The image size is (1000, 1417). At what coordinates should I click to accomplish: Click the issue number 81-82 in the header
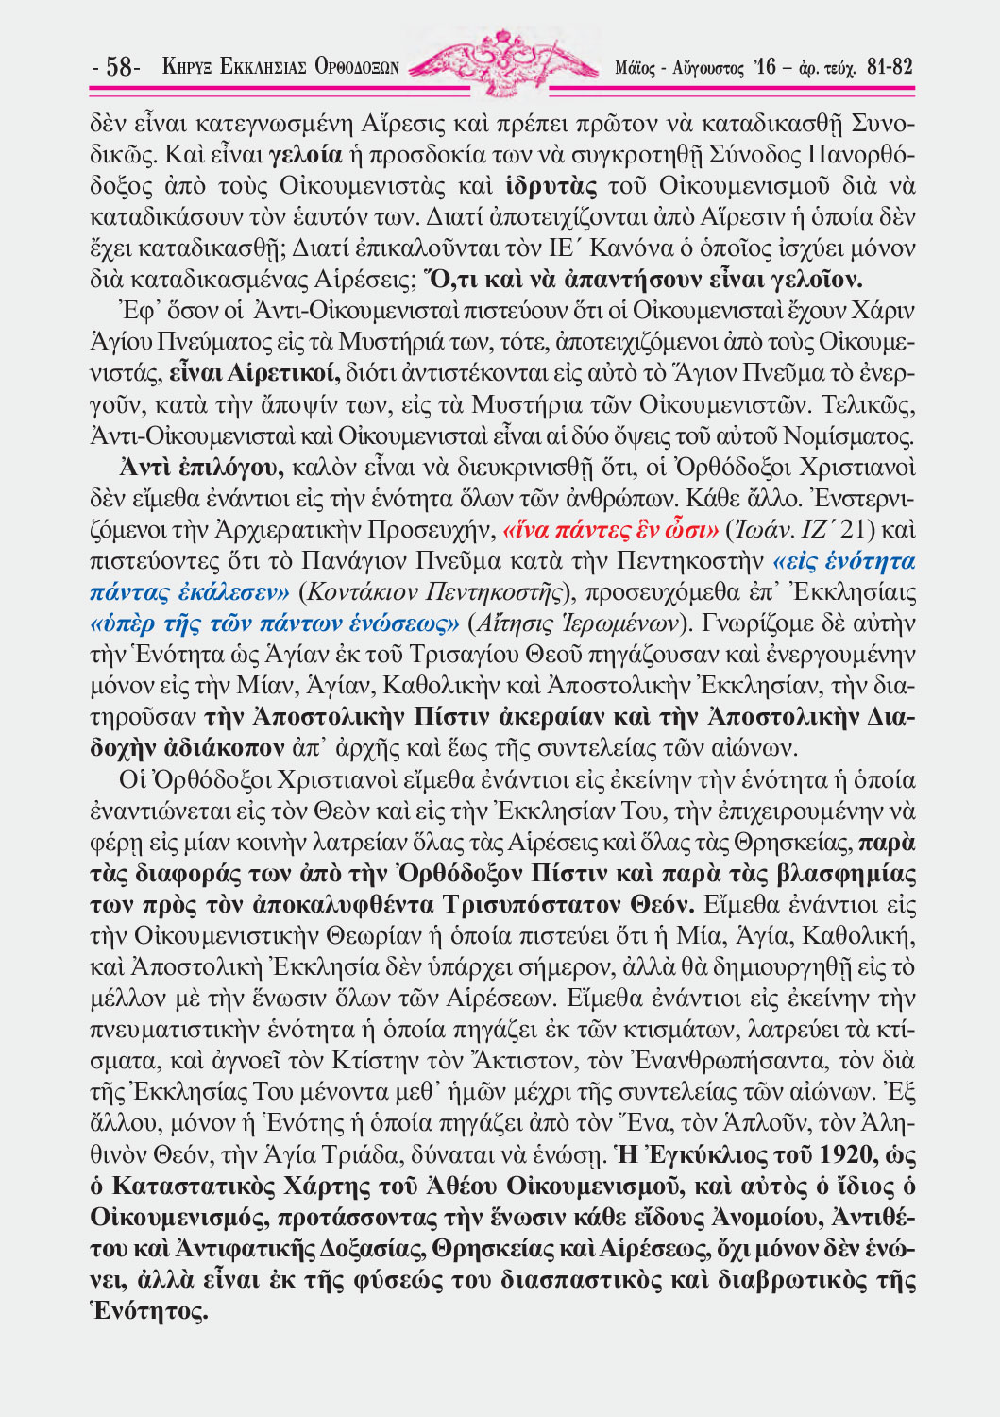[x=889, y=67]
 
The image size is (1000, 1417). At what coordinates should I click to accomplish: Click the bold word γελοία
[x=306, y=154]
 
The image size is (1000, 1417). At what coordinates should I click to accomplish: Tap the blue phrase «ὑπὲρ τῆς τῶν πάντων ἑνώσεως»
[x=275, y=623]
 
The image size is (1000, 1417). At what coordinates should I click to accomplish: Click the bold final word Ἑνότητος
[x=149, y=1311]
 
